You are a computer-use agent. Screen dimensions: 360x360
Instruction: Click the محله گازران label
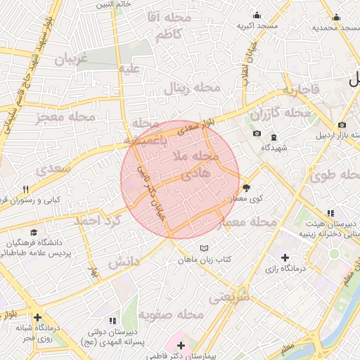click(x=290, y=112)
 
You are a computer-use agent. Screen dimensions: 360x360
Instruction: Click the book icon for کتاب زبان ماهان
click(x=205, y=248)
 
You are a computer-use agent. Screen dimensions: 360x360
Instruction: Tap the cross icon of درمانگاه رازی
click(x=285, y=257)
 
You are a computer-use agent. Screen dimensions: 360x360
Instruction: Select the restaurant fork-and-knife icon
click(x=26, y=189)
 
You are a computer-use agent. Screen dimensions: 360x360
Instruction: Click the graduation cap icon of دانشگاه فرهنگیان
click(x=33, y=233)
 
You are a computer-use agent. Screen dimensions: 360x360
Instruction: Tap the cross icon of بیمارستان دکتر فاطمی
click(x=181, y=345)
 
